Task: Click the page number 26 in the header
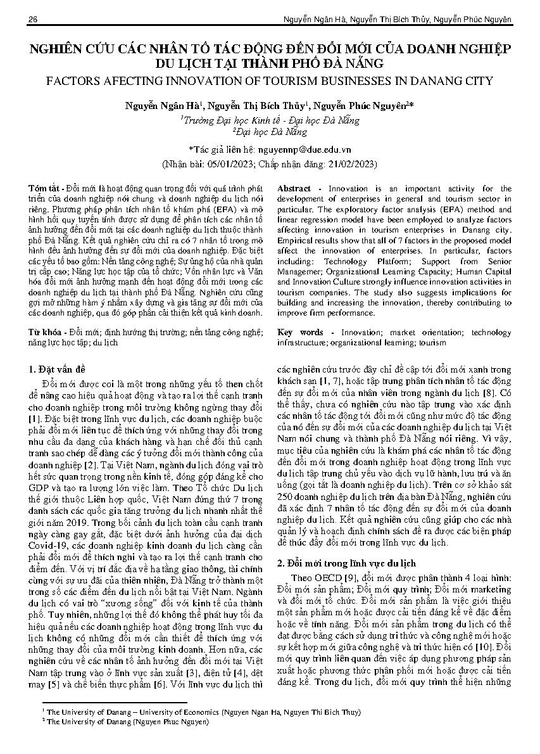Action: (x=32, y=20)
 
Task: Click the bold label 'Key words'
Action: (x=300, y=333)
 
